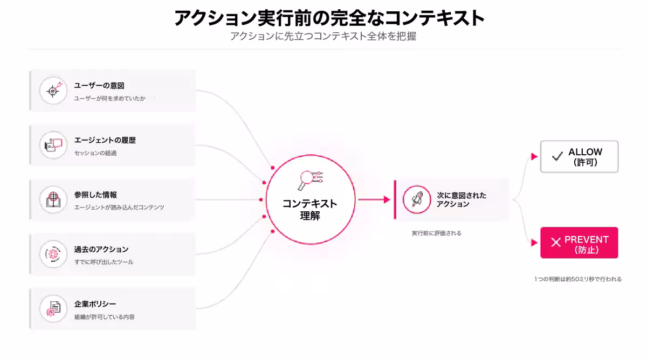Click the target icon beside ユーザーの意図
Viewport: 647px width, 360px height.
pos(53,91)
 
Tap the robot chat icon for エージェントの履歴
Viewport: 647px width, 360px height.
pos(53,145)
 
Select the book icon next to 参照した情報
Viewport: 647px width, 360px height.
pos(53,199)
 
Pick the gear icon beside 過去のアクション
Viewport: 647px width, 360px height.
pos(53,254)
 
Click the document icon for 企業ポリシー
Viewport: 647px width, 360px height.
pos(53,309)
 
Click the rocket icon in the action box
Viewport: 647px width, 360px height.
pos(416,199)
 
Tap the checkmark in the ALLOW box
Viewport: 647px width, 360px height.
pos(557,156)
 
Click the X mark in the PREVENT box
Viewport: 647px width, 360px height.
pos(556,242)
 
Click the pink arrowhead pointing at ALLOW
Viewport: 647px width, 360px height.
pos(534,156)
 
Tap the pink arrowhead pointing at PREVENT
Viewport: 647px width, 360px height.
pos(534,243)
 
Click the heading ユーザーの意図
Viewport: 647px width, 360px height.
pos(99,86)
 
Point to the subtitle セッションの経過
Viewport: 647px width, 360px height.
pos(95,153)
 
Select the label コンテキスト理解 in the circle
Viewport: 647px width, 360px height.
pos(309,210)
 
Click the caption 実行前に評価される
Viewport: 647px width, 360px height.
pos(436,233)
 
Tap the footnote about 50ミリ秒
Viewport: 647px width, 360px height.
pos(577,279)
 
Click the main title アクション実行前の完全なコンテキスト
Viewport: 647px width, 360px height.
pos(329,18)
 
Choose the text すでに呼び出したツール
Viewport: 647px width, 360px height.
pos(104,262)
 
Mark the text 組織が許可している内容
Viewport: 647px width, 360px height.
pos(104,317)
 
